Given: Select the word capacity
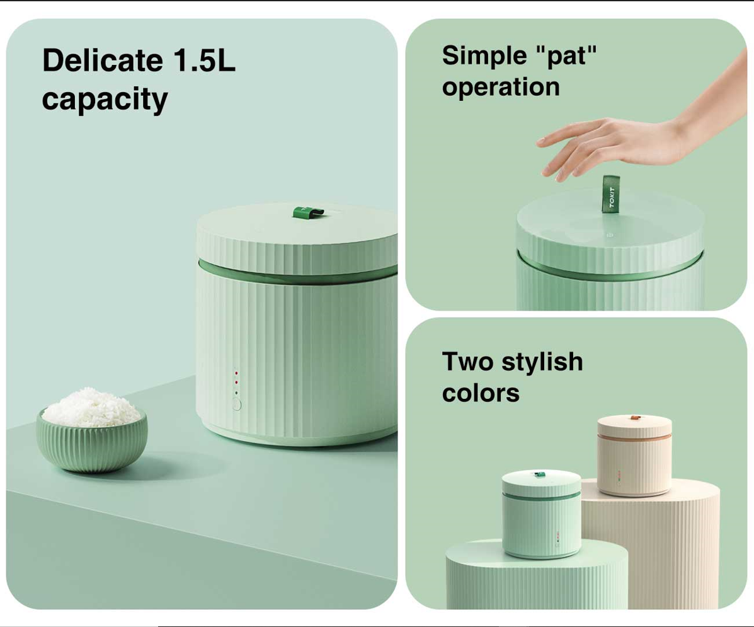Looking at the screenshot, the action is [x=105, y=100].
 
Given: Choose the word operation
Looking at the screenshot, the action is [x=501, y=88].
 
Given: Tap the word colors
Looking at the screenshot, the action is [x=481, y=393].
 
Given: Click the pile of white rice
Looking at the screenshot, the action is [x=91, y=407].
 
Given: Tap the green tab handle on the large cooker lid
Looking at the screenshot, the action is [x=308, y=212].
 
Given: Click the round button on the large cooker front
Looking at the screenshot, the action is [x=237, y=405].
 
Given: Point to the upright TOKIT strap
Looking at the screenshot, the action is [x=611, y=193].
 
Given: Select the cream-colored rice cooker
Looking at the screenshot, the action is [x=634, y=455].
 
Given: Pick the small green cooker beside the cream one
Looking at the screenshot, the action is [x=542, y=514].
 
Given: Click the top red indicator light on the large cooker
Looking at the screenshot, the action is [x=236, y=372].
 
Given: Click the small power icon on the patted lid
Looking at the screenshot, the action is [x=611, y=235].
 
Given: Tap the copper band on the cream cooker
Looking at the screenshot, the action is [x=634, y=437].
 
